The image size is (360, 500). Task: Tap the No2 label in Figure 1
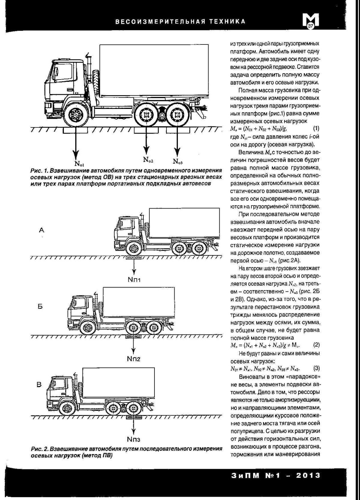pyautogui.click(x=148, y=159)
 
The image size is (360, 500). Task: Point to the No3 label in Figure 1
pyautogui.click(x=178, y=161)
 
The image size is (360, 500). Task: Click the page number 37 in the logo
pyautogui.click(x=310, y=26)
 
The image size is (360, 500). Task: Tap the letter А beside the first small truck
pyautogui.click(x=42, y=230)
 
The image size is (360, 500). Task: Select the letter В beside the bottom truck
pyautogui.click(x=39, y=384)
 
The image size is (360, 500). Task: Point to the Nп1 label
pyautogui.click(x=134, y=280)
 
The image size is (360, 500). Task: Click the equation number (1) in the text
pyautogui.click(x=316, y=129)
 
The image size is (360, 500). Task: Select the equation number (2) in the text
pyautogui.click(x=316, y=345)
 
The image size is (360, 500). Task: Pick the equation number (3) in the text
pyautogui.click(x=316, y=368)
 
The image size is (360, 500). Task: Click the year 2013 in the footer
pyautogui.click(x=308, y=475)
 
